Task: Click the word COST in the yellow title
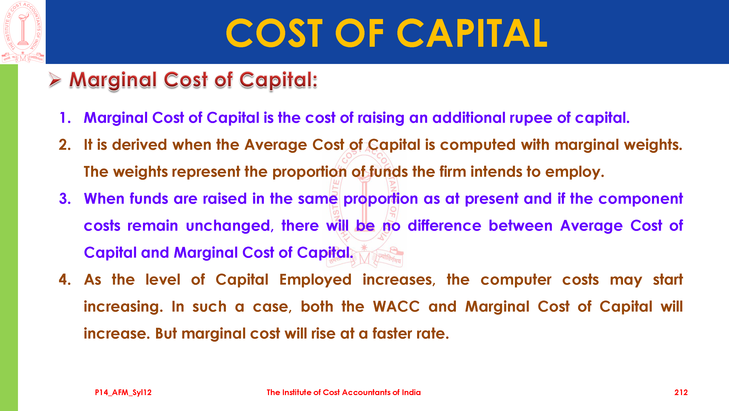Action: coord(274,33)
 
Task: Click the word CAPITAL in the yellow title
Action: coord(472,33)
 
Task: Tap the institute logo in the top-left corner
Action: coord(23,32)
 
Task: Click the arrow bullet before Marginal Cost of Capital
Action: coord(55,80)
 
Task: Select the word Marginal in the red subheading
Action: coord(113,80)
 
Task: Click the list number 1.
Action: coord(65,118)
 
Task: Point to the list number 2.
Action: coord(65,145)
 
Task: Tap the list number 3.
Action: coord(65,199)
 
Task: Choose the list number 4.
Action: coord(65,279)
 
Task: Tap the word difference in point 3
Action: coord(444,226)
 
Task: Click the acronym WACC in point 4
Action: coord(396,307)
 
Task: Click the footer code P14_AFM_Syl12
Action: coord(123,393)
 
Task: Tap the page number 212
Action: coord(681,392)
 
